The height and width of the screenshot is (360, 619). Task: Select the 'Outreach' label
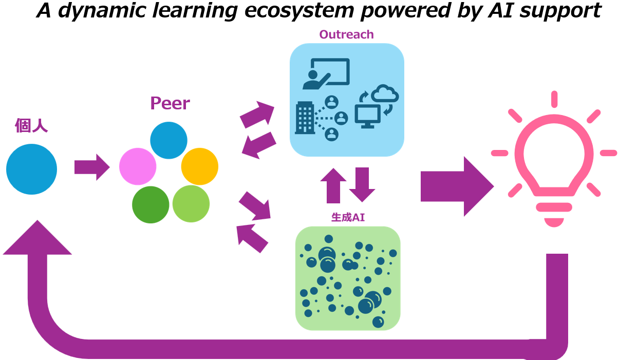click(x=346, y=35)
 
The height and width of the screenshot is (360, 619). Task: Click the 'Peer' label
click(x=170, y=103)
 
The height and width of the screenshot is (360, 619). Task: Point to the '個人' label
click(x=31, y=126)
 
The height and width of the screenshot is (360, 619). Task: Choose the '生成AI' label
click(x=348, y=217)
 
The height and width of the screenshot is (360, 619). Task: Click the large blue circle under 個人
click(x=31, y=169)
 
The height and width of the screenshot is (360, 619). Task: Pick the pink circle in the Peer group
click(x=138, y=166)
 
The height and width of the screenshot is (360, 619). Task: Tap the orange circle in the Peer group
click(x=200, y=166)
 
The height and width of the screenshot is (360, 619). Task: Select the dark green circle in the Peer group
click(x=151, y=204)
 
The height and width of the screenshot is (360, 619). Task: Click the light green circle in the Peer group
click(x=191, y=204)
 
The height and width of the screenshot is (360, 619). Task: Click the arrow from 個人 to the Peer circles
click(x=91, y=167)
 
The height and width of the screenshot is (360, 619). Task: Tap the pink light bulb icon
click(x=554, y=159)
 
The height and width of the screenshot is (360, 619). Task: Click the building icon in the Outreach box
click(x=305, y=118)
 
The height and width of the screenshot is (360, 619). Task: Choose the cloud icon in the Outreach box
click(x=385, y=93)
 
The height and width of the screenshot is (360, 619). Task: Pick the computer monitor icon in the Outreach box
click(x=367, y=117)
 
